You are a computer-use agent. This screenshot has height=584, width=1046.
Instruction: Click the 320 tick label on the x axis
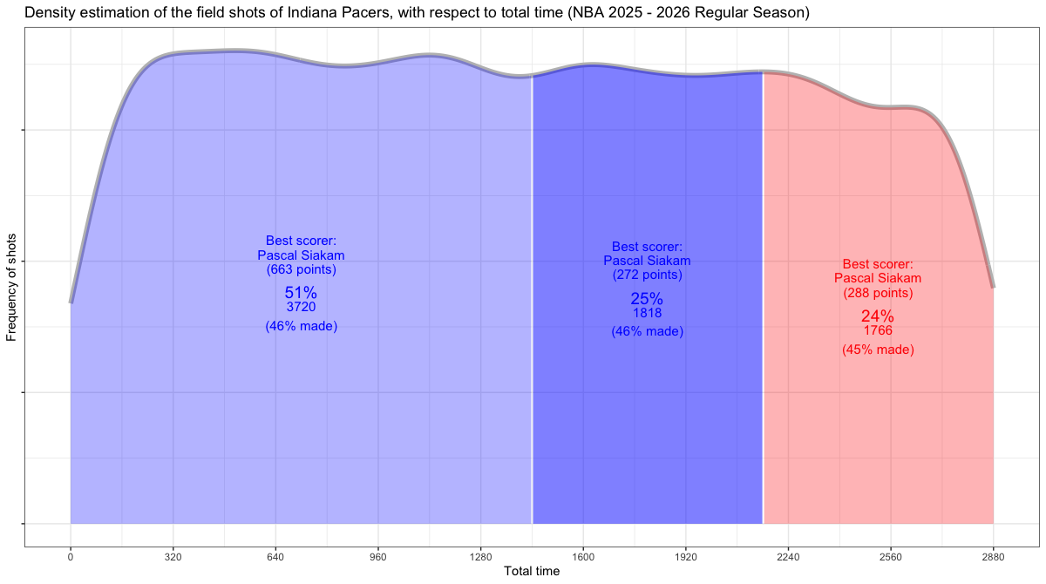point(173,556)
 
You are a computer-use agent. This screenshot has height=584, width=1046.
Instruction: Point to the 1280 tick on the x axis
point(480,556)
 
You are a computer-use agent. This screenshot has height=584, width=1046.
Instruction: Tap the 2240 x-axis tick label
point(788,556)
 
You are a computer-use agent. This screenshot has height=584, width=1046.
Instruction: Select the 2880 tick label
point(993,556)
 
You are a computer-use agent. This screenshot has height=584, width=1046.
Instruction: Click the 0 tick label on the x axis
point(71,556)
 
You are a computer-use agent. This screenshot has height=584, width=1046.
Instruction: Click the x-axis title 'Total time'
point(532,572)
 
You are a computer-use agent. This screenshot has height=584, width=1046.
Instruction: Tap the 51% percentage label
point(301,293)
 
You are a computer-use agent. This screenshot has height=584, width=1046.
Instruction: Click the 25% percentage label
point(647,298)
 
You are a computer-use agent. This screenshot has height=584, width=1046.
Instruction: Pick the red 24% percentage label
point(878,316)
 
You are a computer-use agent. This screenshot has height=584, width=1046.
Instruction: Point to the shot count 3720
point(301,308)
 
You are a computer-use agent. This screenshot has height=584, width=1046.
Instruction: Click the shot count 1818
point(647,313)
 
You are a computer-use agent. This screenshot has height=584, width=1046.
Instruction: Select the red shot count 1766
point(878,331)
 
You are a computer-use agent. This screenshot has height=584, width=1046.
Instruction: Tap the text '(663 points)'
point(301,270)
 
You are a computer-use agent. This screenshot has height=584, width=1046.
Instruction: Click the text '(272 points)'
point(647,275)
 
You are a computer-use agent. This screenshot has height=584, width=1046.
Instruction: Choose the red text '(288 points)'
point(878,293)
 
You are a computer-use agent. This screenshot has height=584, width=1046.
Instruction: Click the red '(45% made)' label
point(878,350)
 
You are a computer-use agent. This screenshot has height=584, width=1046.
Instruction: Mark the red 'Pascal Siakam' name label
point(878,278)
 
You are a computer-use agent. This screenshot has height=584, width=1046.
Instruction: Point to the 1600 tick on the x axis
point(583,556)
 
